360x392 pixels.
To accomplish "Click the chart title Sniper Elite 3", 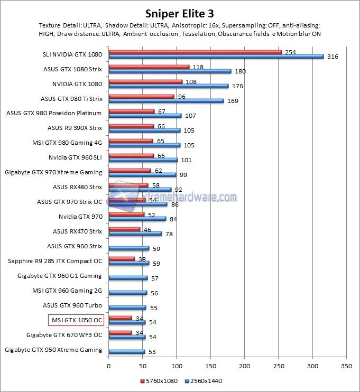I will (x=180, y=12).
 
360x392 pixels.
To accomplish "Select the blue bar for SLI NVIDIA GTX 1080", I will (x=216, y=56).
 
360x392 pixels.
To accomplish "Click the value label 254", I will (x=290, y=52).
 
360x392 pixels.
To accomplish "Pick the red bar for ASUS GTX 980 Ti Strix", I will (x=141, y=96).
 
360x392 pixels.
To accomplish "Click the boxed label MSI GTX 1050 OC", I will (x=76, y=320).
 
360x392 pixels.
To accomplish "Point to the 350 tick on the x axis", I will (x=346, y=366).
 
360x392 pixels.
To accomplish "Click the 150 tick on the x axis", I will (x=210, y=366).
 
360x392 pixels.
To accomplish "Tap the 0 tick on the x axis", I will (x=108, y=366).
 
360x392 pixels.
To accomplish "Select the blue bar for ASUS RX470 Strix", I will (x=135, y=234).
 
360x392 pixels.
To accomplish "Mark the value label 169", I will (x=233, y=101).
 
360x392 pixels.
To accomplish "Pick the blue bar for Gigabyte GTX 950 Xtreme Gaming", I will (x=126, y=352).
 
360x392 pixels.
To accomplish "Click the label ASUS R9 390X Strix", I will (x=75, y=128).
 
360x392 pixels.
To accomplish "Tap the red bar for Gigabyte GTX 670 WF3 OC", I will (x=120, y=332).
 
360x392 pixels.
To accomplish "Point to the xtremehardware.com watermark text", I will (x=190, y=198).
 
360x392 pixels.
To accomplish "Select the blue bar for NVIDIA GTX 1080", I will (x=168, y=86).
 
